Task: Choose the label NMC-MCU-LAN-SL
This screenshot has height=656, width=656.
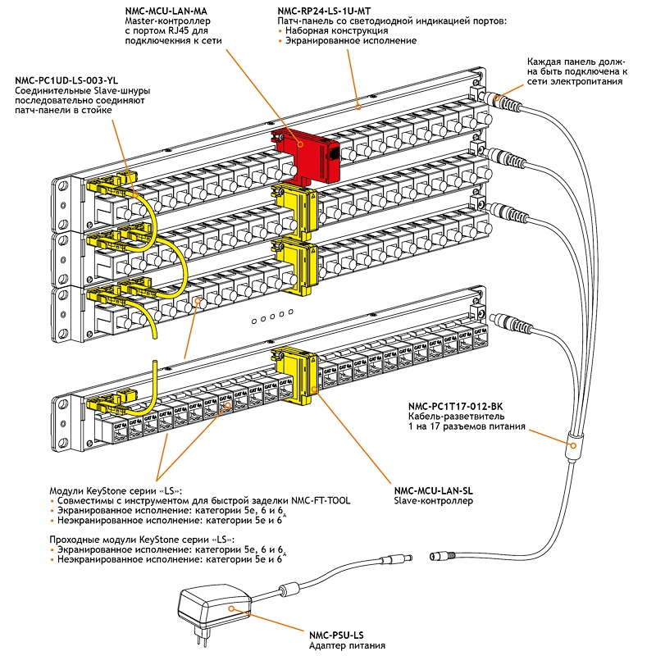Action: [x=434, y=490]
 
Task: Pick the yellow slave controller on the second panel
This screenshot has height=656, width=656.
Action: [x=291, y=206]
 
